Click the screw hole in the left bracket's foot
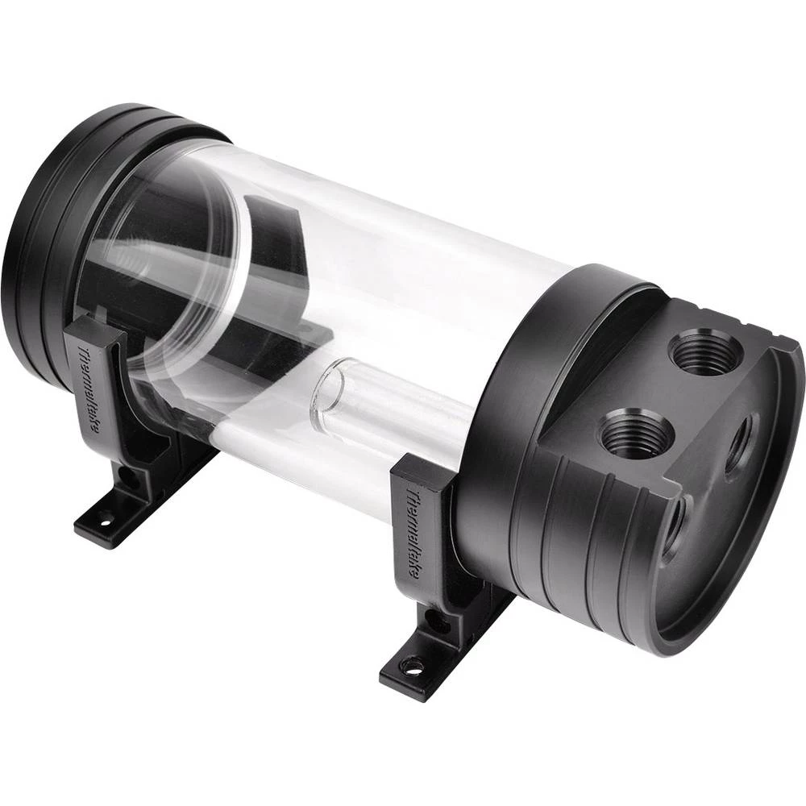(104, 522)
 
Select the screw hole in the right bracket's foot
(413, 666)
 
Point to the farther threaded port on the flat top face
(701, 351)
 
